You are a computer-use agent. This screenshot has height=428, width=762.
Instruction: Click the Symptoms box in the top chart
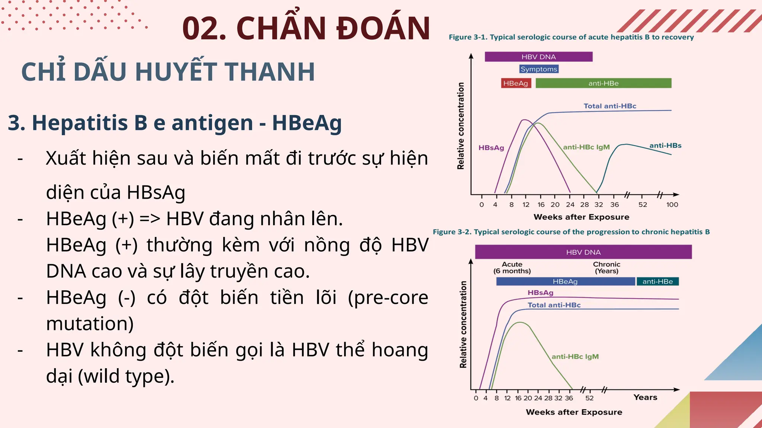(539, 69)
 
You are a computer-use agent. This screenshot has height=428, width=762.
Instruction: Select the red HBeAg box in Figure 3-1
(516, 83)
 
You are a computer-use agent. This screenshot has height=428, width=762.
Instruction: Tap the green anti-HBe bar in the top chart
(603, 83)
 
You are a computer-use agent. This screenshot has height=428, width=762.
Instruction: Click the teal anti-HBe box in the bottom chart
(657, 282)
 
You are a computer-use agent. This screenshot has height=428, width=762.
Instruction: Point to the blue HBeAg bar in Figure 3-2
(565, 282)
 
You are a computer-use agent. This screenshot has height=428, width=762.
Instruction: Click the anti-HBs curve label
(665, 146)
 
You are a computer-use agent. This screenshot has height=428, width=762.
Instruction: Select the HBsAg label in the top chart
(491, 148)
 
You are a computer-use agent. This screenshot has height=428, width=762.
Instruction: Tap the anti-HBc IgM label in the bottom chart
(575, 357)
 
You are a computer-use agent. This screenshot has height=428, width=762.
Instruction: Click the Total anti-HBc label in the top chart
(610, 106)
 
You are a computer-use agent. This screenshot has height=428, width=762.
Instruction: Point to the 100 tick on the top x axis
(672, 205)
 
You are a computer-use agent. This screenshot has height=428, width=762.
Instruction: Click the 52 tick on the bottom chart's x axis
(589, 398)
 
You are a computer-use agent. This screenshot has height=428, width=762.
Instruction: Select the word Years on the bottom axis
(645, 398)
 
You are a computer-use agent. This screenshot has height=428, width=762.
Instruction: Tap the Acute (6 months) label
(512, 267)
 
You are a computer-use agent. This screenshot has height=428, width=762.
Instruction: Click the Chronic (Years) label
(606, 267)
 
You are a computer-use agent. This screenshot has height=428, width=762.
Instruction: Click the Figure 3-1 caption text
(571, 37)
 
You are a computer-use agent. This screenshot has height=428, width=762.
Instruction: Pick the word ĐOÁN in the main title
(383, 28)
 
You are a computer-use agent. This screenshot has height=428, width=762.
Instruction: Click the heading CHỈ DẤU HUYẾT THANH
(168, 72)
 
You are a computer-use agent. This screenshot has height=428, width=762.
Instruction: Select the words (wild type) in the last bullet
(126, 376)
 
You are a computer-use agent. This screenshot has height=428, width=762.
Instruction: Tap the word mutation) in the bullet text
(90, 324)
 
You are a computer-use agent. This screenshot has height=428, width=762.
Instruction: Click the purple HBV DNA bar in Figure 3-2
(583, 252)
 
